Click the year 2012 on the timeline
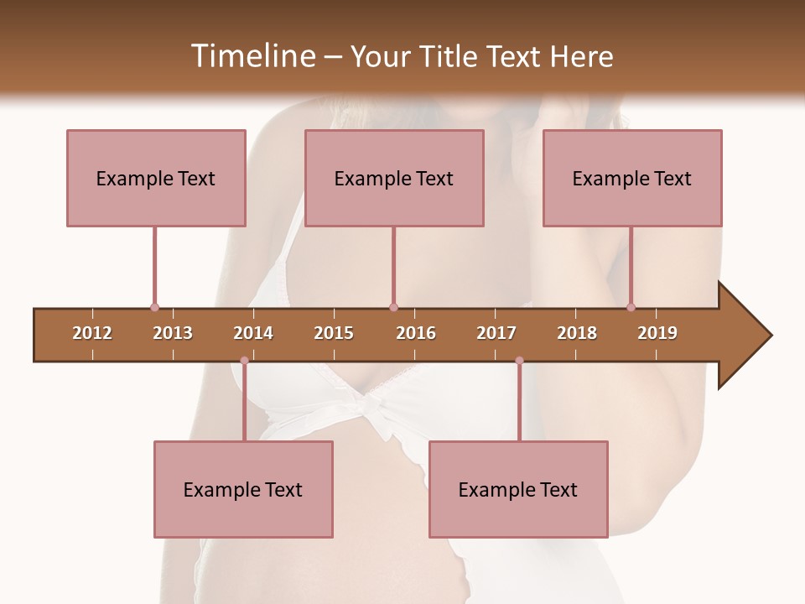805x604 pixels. (x=92, y=333)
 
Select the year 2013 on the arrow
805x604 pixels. (x=173, y=333)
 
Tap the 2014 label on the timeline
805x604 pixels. (x=253, y=333)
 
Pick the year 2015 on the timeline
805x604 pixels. (x=334, y=333)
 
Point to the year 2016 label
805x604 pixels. (x=416, y=333)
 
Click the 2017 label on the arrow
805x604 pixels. (x=496, y=333)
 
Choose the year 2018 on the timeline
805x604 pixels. (x=577, y=333)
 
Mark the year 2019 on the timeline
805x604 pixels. (x=657, y=333)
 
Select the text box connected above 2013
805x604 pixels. (x=156, y=178)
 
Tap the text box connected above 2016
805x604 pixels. (x=394, y=178)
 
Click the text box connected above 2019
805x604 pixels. (x=632, y=178)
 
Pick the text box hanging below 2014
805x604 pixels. (x=243, y=489)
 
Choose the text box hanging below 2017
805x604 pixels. (x=518, y=489)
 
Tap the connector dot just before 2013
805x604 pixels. (x=154, y=308)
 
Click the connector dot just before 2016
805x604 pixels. (x=393, y=308)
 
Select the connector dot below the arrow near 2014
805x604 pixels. (x=244, y=361)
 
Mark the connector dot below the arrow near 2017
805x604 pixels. (x=519, y=361)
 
